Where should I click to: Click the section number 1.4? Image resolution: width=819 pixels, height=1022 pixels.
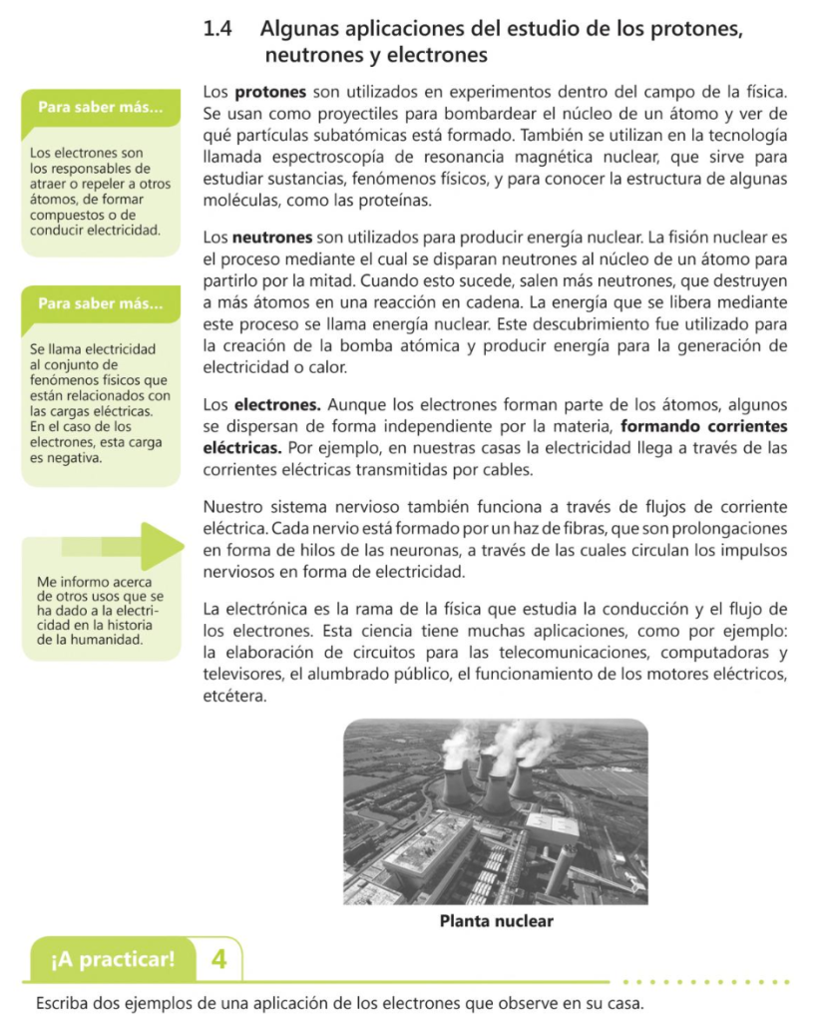217,29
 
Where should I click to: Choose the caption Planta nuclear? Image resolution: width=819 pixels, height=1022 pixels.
496,921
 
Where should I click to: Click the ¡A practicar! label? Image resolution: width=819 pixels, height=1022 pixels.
112,960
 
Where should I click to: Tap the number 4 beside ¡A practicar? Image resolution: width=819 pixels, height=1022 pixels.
218,960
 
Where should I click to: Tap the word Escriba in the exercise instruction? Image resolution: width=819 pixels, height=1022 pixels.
62,1002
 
